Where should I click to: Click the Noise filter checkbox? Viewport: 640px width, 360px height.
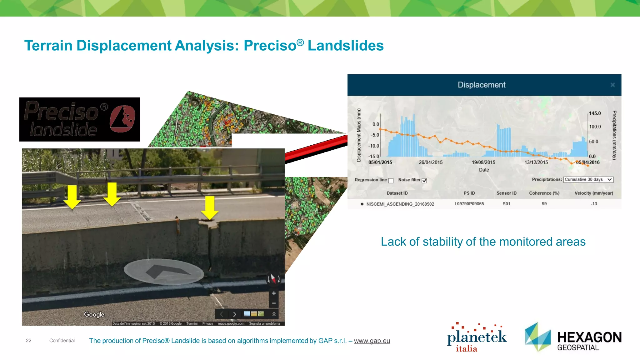click(x=424, y=181)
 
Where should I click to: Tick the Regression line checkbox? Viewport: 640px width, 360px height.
click(x=391, y=181)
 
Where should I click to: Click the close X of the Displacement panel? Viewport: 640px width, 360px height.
click(x=612, y=85)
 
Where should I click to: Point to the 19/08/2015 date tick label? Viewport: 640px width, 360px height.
click(x=483, y=162)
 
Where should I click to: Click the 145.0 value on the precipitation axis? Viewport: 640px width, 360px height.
click(x=595, y=113)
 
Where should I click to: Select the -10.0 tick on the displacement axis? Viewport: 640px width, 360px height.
click(x=373, y=146)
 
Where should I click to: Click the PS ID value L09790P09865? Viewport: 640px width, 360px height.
click(x=469, y=204)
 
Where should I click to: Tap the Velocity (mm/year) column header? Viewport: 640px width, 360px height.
click(x=593, y=193)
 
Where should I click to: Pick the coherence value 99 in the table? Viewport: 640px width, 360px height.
click(x=544, y=204)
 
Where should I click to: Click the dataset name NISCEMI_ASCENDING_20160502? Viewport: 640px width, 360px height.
click(x=400, y=204)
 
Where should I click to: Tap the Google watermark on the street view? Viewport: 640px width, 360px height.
click(x=94, y=314)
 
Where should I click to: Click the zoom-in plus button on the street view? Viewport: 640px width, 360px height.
click(x=274, y=293)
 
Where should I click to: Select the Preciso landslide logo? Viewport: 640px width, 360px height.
click(x=80, y=119)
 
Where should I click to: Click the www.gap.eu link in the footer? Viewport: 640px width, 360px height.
click(x=372, y=341)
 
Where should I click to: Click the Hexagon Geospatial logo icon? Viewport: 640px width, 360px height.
click(x=537, y=337)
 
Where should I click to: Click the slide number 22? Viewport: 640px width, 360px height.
click(x=28, y=341)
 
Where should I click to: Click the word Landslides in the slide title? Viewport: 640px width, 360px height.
click(x=345, y=46)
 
